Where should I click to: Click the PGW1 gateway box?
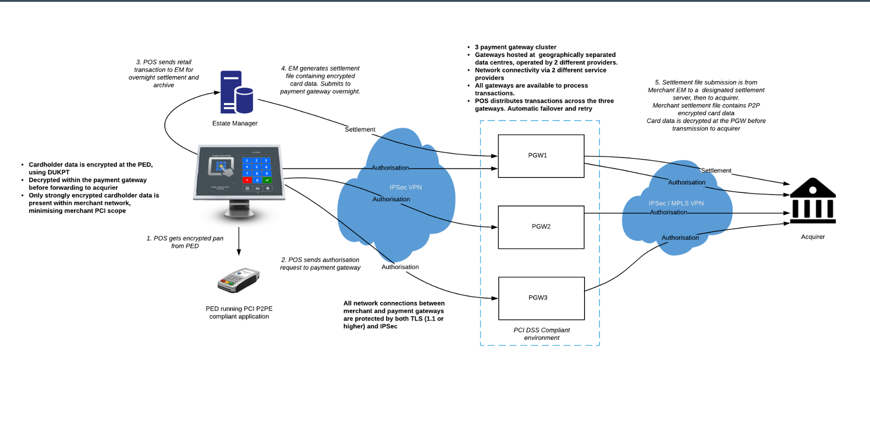pyautogui.click(x=541, y=156)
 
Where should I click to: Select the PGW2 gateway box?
pyautogui.click(x=541, y=227)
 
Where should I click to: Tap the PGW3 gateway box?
pyautogui.click(x=541, y=298)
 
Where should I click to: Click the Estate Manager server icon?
pyautogui.click(x=236, y=92)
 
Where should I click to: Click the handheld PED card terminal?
pyautogui.click(x=238, y=280)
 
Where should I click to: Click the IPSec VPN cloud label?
pyautogui.click(x=406, y=187)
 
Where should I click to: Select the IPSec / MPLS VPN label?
pyautogui.click(x=676, y=203)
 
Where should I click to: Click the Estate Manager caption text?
pyautogui.click(x=235, y=123)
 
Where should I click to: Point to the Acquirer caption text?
pyautogui.click(x=812, y=237)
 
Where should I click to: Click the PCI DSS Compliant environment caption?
pyautogui.click(x=541, y=334)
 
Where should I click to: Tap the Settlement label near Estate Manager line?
pyautogui.click(x=360, y=129)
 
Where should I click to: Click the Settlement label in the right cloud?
pyautogui.click(x=716, y=170)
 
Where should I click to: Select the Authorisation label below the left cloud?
pyautogui.click(x=400, y=267)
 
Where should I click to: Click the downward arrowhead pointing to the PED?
pyautogui.click(x=239, y=252)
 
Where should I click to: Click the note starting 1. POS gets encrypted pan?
pyautogui.click(x=185, y=242)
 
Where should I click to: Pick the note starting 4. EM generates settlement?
pyautogui.click(x=320, y=80)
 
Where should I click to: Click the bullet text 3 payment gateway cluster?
pyautogui.click(x=515, y=47)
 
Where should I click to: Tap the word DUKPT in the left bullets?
pyautogui.click(x=58, y=172)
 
